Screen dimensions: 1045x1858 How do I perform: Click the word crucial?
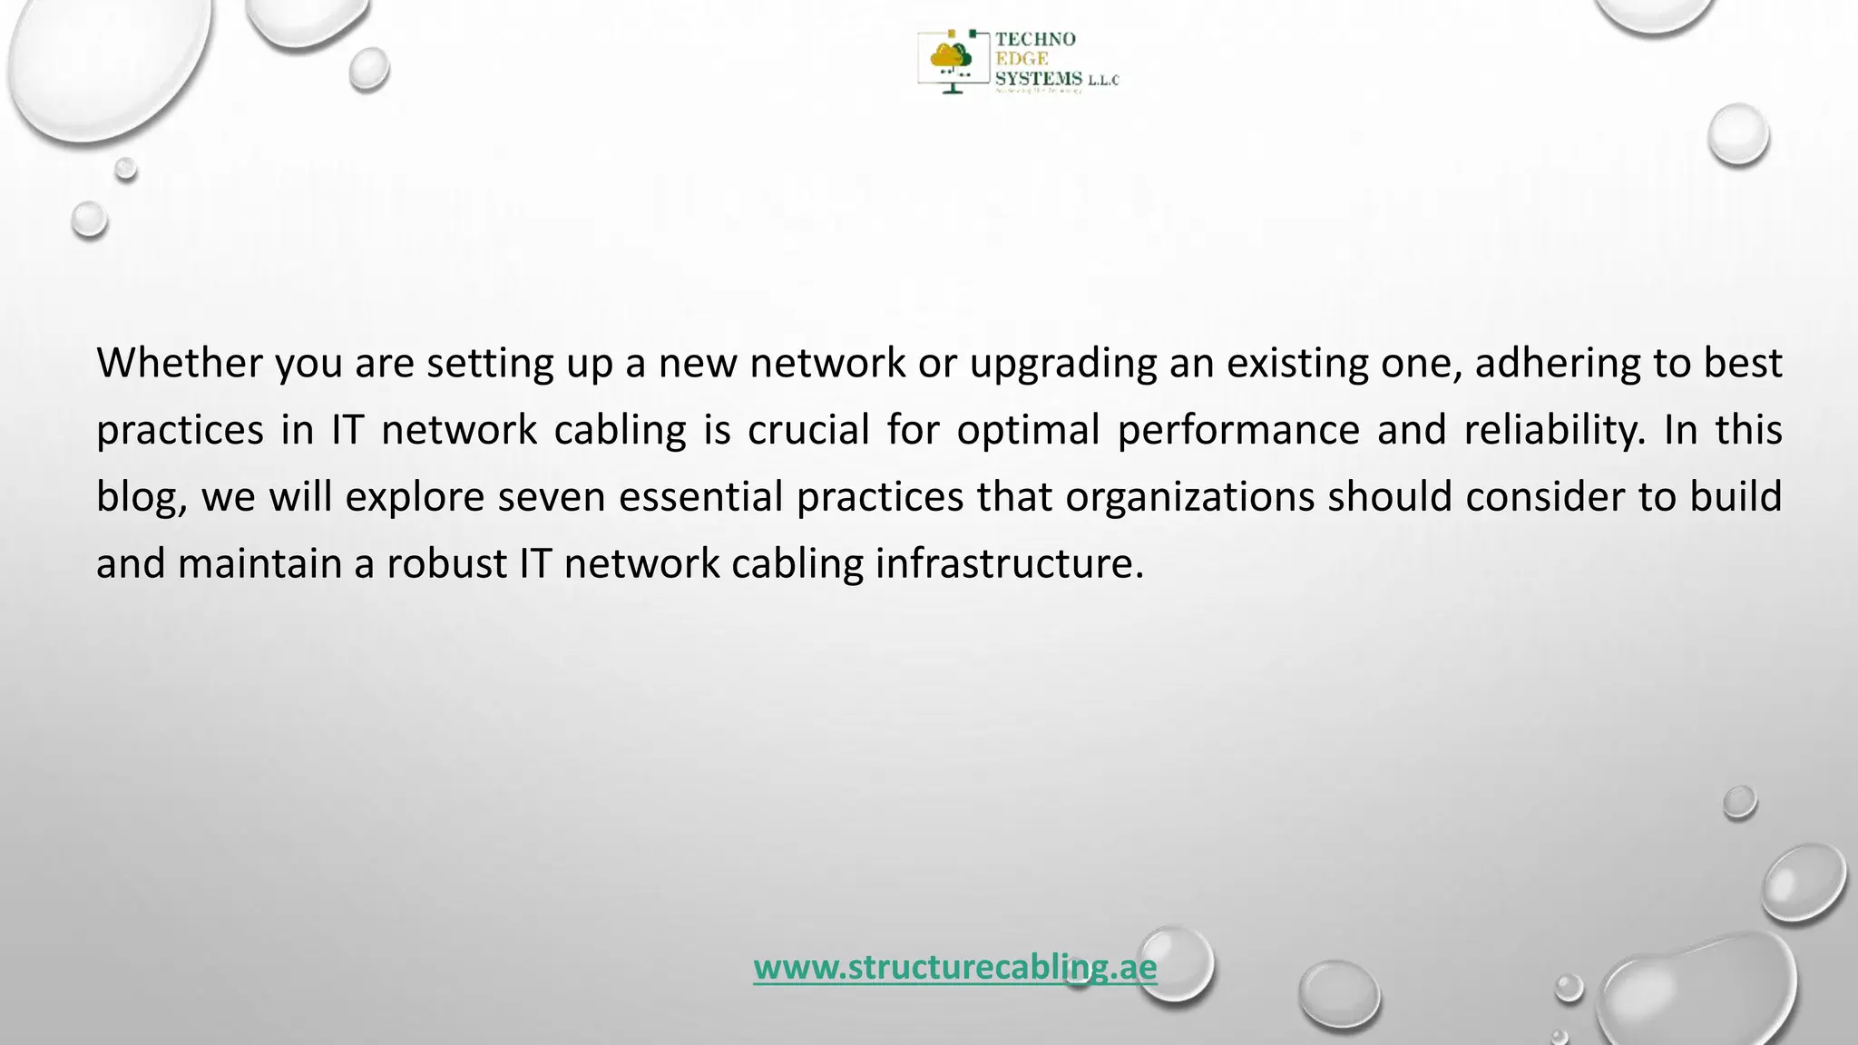pyautogui.click(x=808, y=430)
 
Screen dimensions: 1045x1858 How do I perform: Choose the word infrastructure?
pyautogui.click(x=1009, y=564)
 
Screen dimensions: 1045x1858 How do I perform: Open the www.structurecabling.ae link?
pyautogui.click(x=954, y=968)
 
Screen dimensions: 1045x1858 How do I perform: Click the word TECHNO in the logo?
pyautogui.click(x=1035, y=39)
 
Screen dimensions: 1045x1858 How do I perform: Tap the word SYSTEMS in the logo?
pyautogui.click(x=1039, y=79)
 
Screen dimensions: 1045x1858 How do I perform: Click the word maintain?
pyautogui.click(x=259, y=564)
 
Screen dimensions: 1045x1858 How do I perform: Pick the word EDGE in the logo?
pyautogui.click(x=1022, y=59)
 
